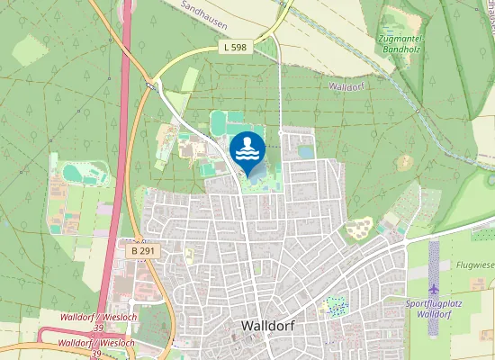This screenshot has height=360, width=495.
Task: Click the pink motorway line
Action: point(125,135)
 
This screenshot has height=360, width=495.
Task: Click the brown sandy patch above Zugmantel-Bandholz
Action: point(403,18)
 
